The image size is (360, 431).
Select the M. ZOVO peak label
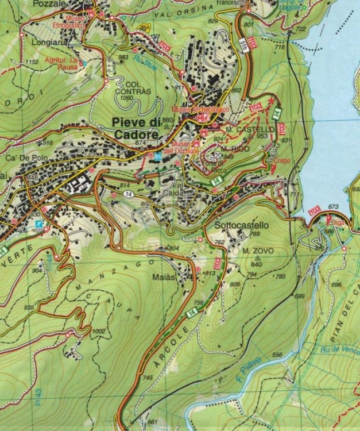pyautogui.click(x=256, y=251)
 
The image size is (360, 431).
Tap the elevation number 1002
pyautogui.click(x=98, y=332)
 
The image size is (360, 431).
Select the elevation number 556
pyautogui.click(x=277, y=356)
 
